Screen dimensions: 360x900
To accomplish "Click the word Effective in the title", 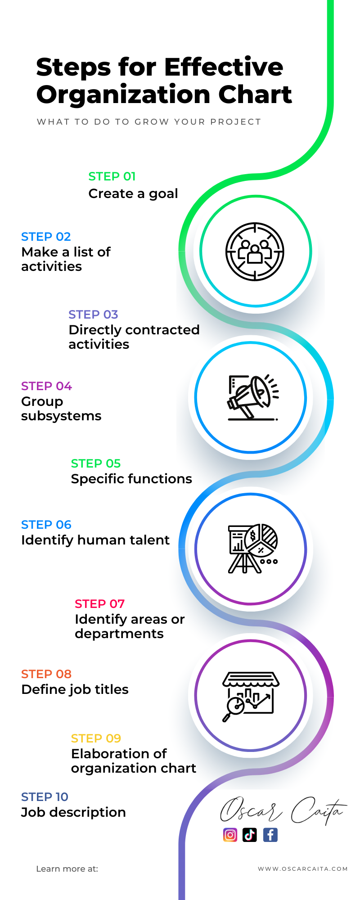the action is [x=224, y=67].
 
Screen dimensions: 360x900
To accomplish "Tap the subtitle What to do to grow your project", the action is [x=149, y=121].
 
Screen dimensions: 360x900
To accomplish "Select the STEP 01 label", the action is [x=112, y=176].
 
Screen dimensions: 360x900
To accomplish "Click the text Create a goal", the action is [x=133, y=193].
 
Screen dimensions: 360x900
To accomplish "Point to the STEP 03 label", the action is [x=93, y=315].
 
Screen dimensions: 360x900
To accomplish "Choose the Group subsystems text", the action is [x=61, y=409].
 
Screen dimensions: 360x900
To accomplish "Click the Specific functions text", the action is [x=131, y=479].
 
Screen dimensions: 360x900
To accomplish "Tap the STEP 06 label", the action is [x=46, y=525].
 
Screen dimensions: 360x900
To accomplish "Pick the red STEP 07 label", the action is [x=99, y=604].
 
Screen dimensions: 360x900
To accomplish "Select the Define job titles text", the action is [x=75, y=689].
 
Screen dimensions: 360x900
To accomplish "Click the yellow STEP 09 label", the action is [x=96, y=738].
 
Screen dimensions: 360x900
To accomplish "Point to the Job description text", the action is [x=73, y=812].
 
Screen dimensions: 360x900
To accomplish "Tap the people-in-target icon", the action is [x=255, y=252].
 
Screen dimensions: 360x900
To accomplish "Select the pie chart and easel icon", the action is [x=253, y=548].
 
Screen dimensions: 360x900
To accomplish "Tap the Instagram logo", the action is [x=230, y=835].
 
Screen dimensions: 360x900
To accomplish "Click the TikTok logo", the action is [x=250, y=835].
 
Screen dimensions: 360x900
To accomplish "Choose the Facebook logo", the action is [x=270, y=835].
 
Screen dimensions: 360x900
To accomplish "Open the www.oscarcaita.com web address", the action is [x=303, y=869].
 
